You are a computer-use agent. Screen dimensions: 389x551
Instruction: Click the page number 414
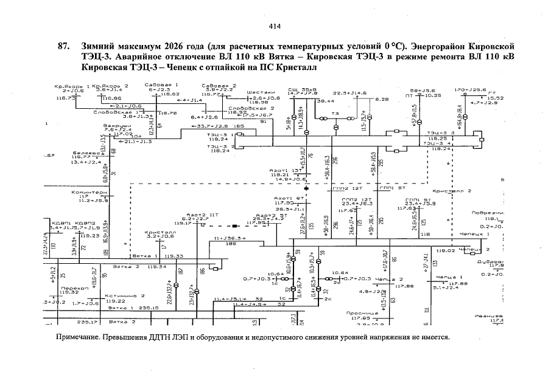(x=274, y=26)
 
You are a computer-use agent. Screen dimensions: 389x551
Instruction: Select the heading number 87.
(x=62, y=47)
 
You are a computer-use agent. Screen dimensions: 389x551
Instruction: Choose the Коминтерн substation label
(x=89, y=192)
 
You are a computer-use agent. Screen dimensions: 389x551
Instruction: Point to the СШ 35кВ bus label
(x=303, y=89)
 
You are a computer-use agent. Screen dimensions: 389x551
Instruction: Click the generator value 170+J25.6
(x=469, y=89)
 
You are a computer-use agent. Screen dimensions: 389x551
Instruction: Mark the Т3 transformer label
(x=335, y=114)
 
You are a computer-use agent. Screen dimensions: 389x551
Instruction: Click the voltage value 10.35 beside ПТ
(x=433, y=95)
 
